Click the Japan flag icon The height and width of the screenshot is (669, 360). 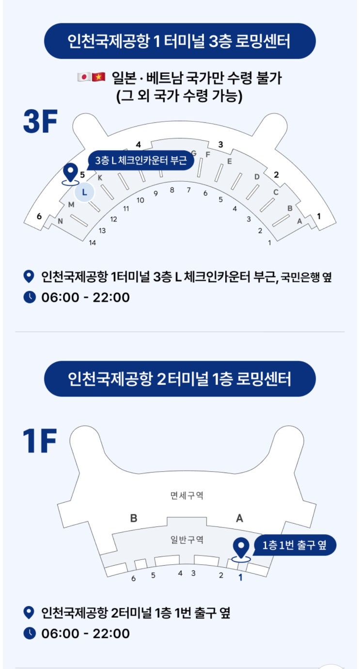tap(84, 77)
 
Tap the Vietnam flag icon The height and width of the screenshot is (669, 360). tap(98, 77)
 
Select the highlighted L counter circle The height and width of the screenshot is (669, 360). tap(84, 192)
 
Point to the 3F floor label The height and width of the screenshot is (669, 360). tap(40, 121)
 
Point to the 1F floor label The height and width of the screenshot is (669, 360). tap(39, 441)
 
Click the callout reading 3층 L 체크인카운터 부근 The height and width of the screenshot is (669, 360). tap(141, 160)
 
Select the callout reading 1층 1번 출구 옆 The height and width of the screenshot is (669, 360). tap(295, 545)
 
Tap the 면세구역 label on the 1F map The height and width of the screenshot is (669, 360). tap(187, 496)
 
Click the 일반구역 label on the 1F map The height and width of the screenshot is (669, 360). tap(187, 540)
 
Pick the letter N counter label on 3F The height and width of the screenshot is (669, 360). tap(60, 222)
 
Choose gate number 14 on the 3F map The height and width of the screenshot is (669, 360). tap(93, 243)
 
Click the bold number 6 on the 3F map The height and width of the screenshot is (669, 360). tap(39, 216)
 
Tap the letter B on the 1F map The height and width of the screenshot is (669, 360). tap(134, 518)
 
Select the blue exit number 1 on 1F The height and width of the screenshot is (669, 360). tap(240, 577)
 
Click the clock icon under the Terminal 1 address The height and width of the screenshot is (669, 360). tap(30, 297)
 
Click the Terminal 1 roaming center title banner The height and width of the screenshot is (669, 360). tap(180, 41)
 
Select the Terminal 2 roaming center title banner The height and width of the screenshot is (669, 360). tap(180, 379)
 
